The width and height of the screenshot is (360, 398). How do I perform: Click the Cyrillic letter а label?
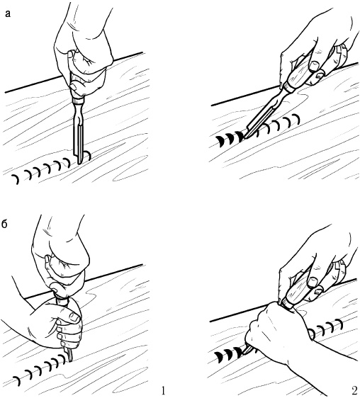(x=8, y=13)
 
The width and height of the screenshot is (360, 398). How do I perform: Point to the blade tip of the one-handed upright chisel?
(x=79, y=164)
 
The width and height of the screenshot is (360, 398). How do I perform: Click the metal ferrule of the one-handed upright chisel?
(x=78, y=101)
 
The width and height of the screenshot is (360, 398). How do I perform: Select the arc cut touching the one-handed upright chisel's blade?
(x=88, y=155)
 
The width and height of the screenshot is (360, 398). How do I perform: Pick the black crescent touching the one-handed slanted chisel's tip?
(x=240, y=137)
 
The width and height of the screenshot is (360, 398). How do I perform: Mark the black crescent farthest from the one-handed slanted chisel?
(x=220, y=142)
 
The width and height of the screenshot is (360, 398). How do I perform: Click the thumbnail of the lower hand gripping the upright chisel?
(x=74, y=317)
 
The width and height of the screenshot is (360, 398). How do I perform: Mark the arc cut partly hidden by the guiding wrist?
(x=312, y=333)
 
